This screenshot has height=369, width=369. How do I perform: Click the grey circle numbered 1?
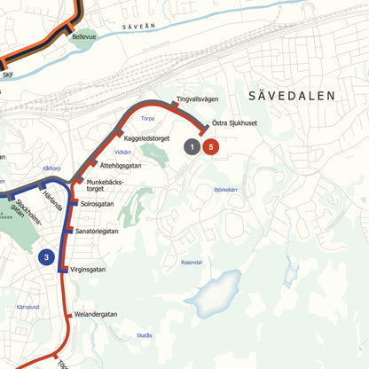coord(192,147)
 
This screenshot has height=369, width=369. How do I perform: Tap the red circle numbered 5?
coord(210,147)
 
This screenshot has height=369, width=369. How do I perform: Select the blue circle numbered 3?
coord(47,258)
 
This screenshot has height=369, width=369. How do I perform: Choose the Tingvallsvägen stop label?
coord(197,98)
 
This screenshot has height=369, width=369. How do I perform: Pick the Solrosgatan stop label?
coord(99,203)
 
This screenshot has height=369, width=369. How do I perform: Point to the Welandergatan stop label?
coord(96,314)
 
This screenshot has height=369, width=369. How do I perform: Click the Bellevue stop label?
coord(84,38)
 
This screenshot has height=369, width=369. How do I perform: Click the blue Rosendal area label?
coord(192,263)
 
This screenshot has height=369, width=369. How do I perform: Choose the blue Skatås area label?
coord(145,335)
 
